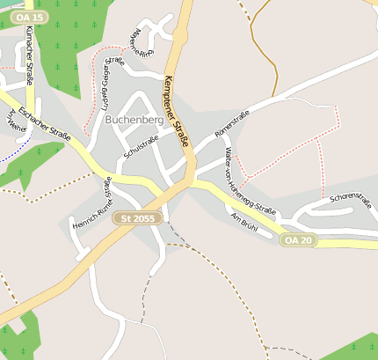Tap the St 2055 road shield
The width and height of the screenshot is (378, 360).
(137, 217)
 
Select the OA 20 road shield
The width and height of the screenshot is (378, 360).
(297, 239)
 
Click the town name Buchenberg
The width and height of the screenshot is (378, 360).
(134, 120)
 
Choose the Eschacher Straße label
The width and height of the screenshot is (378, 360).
(43, 125)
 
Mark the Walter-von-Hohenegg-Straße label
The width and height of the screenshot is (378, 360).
(251, 181)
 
